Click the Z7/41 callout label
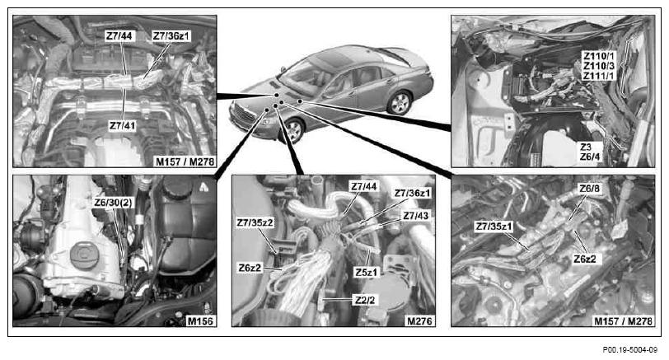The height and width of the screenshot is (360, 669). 123,126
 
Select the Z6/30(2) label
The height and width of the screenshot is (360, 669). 114,203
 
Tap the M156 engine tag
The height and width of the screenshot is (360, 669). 200,320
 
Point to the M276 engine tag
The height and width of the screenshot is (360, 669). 419,320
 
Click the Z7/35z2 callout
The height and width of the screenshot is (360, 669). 255,222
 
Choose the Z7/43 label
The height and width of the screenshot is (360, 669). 416,216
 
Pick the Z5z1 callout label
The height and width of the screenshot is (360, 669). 366,272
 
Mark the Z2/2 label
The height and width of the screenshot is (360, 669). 365,301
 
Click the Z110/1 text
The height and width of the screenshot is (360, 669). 600,56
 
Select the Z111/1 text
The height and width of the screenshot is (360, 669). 600,76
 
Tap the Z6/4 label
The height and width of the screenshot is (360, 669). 590,157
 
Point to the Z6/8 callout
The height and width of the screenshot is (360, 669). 589,189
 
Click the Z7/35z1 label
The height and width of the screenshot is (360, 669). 494,227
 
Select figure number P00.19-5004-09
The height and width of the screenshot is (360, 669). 629,350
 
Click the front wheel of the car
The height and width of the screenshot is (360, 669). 293,130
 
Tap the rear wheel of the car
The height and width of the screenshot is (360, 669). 400,103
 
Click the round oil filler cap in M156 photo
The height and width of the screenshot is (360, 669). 84,255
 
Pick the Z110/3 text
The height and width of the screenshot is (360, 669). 600,66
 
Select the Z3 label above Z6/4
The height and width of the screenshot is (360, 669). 586,147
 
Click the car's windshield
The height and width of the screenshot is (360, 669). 302,76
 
